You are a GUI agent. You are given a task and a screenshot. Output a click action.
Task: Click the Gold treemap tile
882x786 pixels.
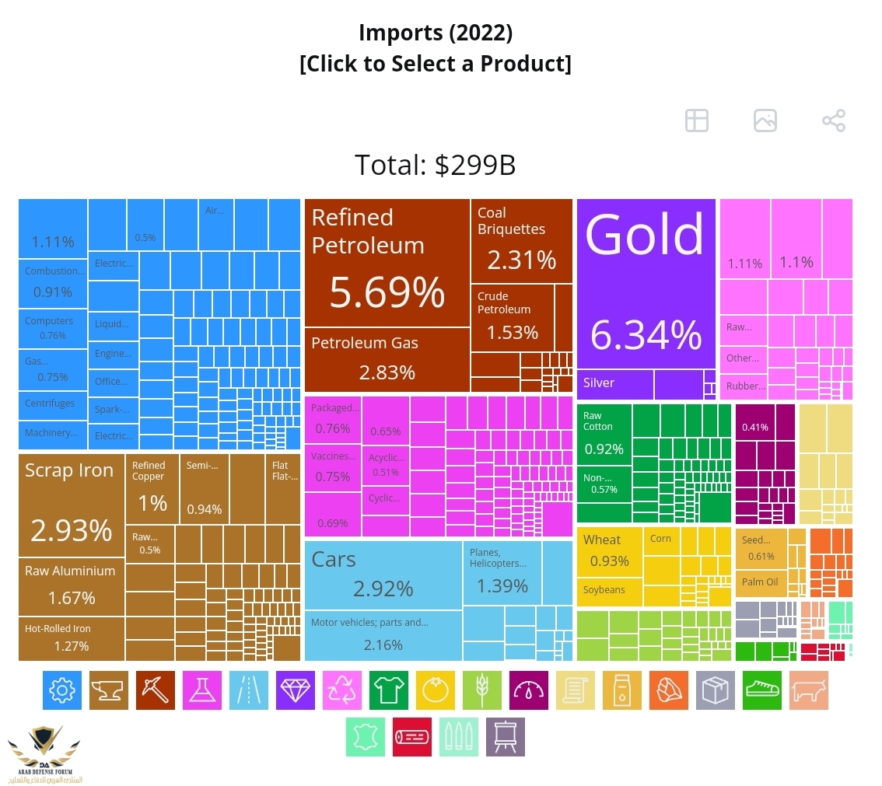646,284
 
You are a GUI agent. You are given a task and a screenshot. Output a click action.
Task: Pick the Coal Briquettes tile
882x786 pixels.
521,241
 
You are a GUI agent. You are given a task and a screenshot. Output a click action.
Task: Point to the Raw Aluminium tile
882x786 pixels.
71,586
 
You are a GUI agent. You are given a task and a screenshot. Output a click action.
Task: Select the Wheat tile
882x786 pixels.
609,551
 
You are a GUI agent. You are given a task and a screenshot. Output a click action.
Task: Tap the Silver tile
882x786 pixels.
614,384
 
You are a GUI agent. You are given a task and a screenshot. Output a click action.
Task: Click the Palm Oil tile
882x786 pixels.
760,583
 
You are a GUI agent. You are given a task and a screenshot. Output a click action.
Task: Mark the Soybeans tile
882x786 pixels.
609,590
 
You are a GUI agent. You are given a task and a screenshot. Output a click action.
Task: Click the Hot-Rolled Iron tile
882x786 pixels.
71,638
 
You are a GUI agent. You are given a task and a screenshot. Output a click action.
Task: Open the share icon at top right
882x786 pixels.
834,121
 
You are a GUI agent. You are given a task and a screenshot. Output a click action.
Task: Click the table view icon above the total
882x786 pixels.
697,121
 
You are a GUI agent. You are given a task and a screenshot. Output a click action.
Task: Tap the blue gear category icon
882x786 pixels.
61,690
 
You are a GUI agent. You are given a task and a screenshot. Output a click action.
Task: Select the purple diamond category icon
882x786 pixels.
295,690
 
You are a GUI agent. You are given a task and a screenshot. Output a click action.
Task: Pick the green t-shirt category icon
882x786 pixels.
388,690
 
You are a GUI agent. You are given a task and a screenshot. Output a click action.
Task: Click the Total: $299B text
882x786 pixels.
436,166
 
